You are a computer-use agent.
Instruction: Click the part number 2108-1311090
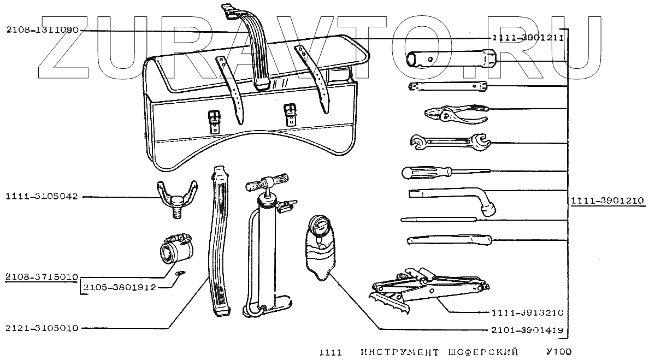[x=43, y=31]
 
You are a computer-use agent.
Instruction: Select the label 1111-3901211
[x=527, y=38]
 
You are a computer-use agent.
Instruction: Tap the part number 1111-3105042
[x=43, y=196]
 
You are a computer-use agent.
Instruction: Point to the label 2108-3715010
[x=43, y=276]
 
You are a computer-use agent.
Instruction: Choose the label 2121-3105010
[x=43, y=328]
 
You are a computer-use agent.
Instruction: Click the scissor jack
[x=426, y=287]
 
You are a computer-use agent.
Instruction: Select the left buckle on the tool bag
[x=214, y=120]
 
